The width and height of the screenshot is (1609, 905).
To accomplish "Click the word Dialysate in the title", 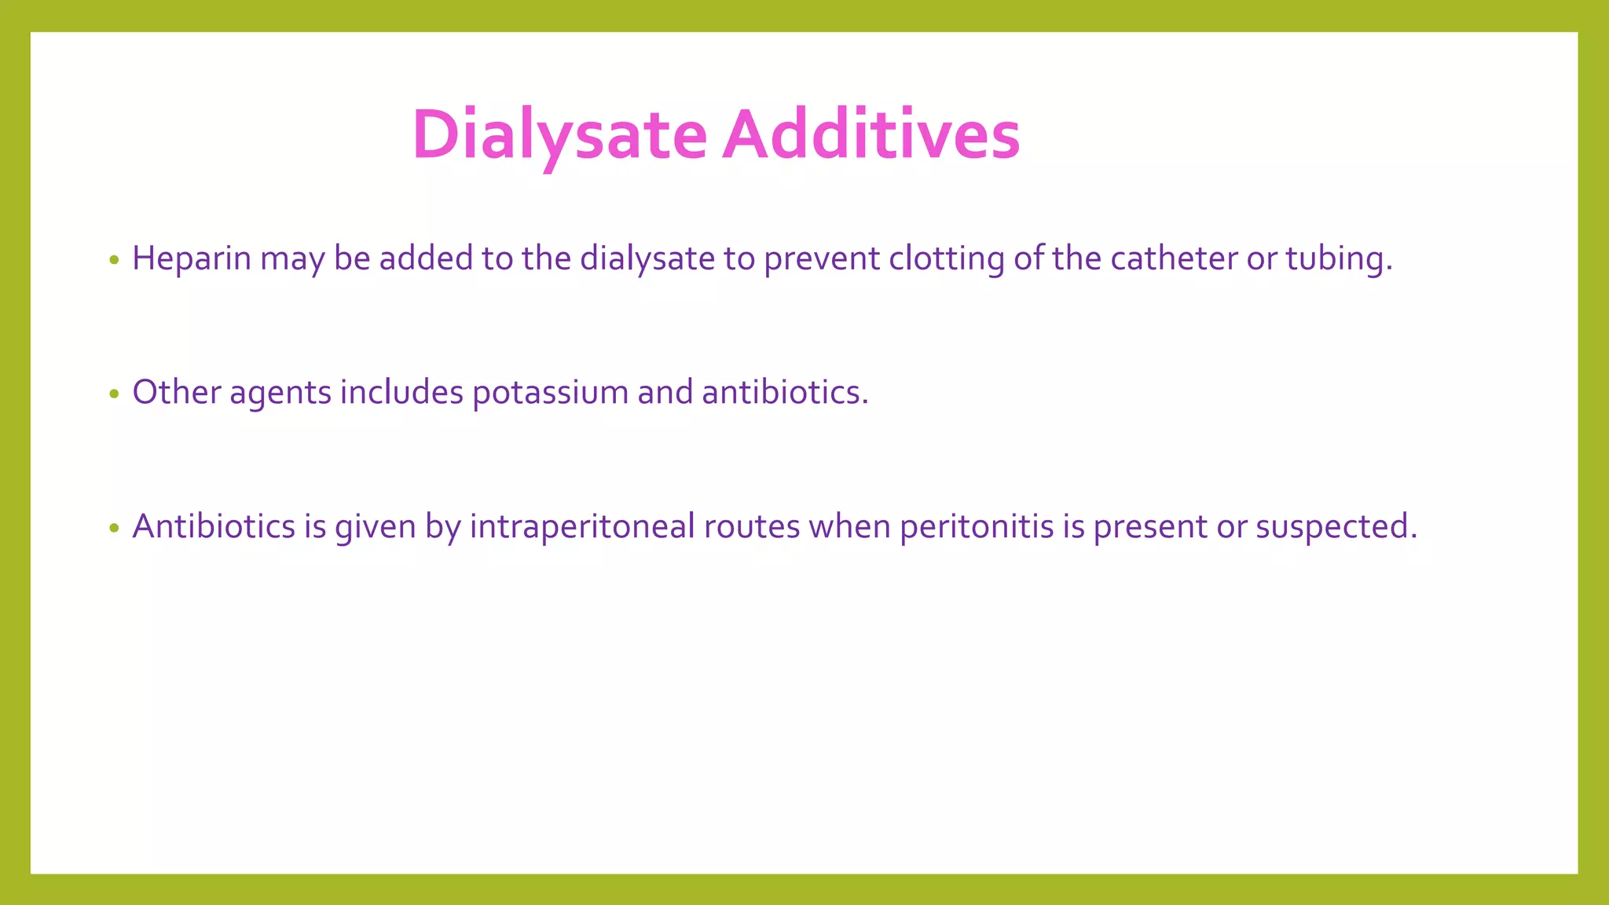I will (x=559, y=135).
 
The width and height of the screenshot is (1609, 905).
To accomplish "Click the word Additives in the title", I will (x=871, y=135).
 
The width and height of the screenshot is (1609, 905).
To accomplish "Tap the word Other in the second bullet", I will (x=176, y=392).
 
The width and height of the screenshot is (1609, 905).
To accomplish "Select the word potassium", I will (x=550, y=392).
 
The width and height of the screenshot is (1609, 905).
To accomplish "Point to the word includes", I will (x=401, y=392).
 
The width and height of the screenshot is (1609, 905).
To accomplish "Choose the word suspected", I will (x=1336, y=526).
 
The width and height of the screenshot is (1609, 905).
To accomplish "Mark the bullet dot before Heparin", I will (x=115, y=260).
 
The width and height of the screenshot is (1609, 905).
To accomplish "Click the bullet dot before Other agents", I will (x=115, y=394).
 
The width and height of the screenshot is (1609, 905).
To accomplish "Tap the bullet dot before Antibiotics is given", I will (x=115, y=528).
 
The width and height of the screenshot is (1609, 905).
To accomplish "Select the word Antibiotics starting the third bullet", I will (x=213, y=526).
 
